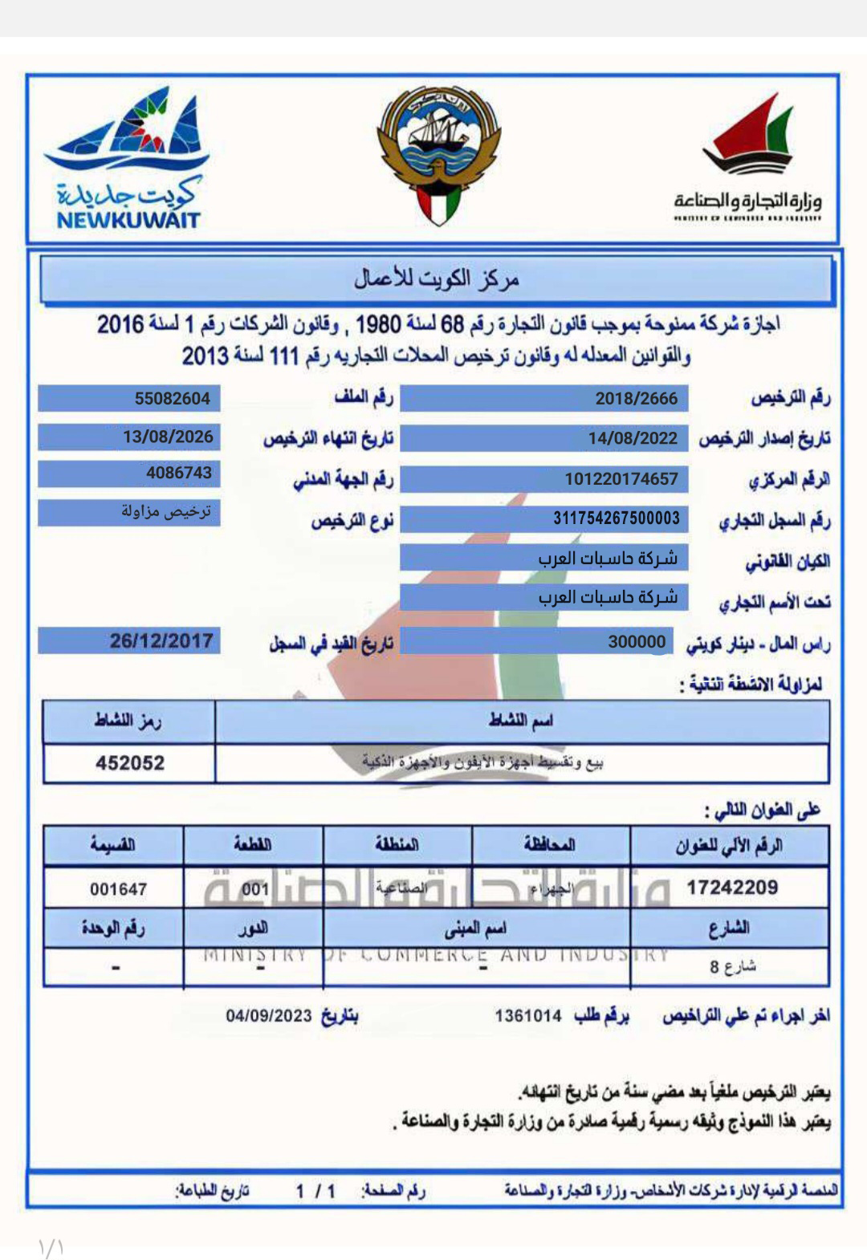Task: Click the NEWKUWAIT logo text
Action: tap(128, 219)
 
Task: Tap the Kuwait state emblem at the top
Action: tap(438, 156)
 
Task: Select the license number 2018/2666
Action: tap(636, 399)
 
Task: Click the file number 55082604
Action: tap(172, 399)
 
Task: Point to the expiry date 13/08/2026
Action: tap(168, 437)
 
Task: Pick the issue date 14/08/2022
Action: tap(633, 438)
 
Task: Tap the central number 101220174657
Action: tap(621, 479)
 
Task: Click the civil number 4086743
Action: tap(178, 474)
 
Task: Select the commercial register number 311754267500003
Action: tap(616, 518)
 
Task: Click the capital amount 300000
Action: tap(637, 642)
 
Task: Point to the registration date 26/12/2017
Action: tap(161, 641)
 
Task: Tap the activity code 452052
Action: tap(130, 762)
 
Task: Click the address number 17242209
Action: tap(731, 888)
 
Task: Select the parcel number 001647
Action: tap(118, 889)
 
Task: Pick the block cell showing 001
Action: tap(254, 889)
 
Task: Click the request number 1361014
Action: tap(527, 1016)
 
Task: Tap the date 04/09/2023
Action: tap(268, 1016)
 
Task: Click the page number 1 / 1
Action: tap(315, 1192)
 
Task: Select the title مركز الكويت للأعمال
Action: tap(437, 279)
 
